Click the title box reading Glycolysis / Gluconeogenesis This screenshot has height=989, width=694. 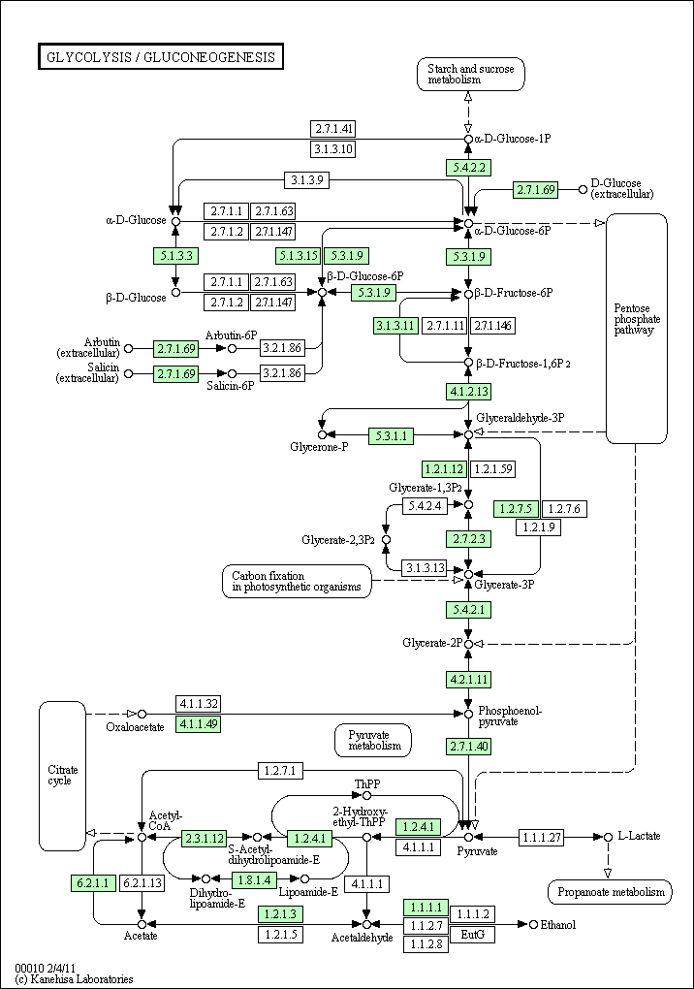tap(161, 57)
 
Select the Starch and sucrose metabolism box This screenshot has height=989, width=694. tap(470, 74)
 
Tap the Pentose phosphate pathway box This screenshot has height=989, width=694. tap(637, 329)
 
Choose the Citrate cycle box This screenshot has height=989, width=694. tap(62, 776)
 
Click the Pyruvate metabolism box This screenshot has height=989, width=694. tap(373, 741)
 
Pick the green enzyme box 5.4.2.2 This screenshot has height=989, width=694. tap(468, 168)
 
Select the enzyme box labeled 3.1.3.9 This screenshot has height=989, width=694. tap(306, 179)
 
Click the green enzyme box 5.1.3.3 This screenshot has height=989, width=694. tap(175, 255)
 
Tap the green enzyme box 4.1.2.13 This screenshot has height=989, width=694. tap(468, 391)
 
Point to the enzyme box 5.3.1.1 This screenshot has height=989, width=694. tap(392, 435)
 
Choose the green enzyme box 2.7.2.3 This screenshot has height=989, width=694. tap(468, 539)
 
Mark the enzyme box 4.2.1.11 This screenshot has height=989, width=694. tap(468, 680)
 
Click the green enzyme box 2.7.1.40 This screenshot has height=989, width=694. tap(468, 747)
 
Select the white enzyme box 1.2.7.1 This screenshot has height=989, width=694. tap(280, 770)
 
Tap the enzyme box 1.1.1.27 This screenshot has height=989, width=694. tap(542, 837)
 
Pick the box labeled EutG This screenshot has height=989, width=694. tap(472, 934)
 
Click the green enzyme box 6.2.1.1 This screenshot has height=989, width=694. tap(93, 883)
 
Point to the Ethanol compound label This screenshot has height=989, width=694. tap(558, 925)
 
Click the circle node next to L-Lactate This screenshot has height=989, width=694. tap(608, 837)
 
